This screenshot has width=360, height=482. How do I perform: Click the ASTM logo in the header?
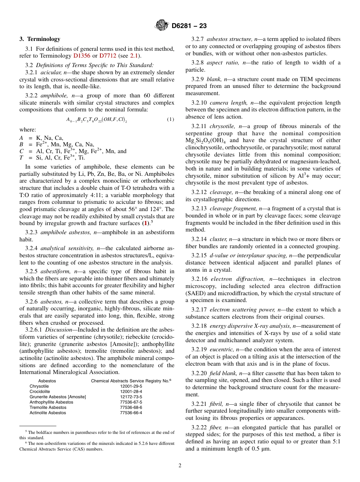click(x=162, y=25)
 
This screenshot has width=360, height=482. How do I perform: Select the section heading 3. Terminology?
click(x=40, y=39)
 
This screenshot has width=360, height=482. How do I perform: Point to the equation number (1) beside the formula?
click(x=171, y=120)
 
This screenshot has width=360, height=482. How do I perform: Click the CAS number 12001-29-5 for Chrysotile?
click(x=131, y=386)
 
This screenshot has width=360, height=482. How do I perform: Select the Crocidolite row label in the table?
click(x=40, y=391)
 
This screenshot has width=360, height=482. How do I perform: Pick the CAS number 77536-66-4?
click(x=131, y=413)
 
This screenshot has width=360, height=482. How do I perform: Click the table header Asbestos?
click(x=47, y=380)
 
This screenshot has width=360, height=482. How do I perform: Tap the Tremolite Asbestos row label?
click(x=48, y=407)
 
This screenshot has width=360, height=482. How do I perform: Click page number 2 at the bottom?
click(x=180, y=466)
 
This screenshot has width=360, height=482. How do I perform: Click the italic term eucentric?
click(x=220, y=349)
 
